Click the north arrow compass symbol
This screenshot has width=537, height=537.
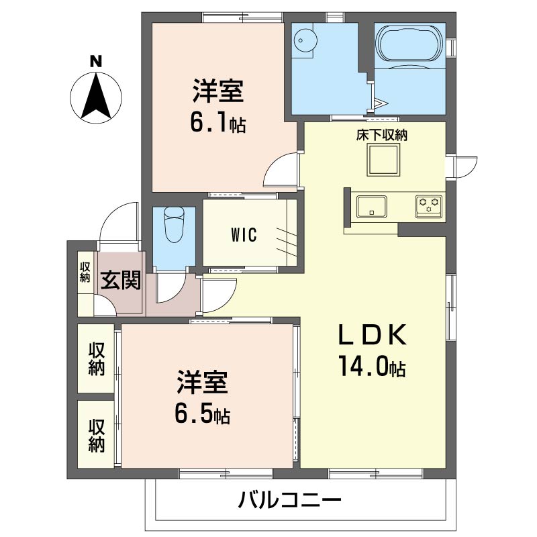click(x=96, y=97)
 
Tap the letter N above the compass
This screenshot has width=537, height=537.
click(x=96, y=61)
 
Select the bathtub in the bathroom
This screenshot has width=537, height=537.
click(x=409, y=42)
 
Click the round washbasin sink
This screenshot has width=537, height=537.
click(x=304, y=40)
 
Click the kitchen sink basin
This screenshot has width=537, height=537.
click(x=372, y=207)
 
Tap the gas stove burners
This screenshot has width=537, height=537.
click(x=429, y=206)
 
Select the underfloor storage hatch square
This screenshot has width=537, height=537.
click(x=383, y=160)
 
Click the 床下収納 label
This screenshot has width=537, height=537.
click(x=381, y=136)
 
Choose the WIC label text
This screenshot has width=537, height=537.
click(x=244, y=235)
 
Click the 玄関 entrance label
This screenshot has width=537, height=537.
click(x=121, y=279)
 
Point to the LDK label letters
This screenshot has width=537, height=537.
click(x=373, y=334)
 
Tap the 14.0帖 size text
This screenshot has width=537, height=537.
click(x=373, y=366)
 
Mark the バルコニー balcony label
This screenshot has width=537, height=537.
click(x=290, y=500)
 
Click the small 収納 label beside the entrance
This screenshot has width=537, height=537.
click(x=85, y=273)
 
